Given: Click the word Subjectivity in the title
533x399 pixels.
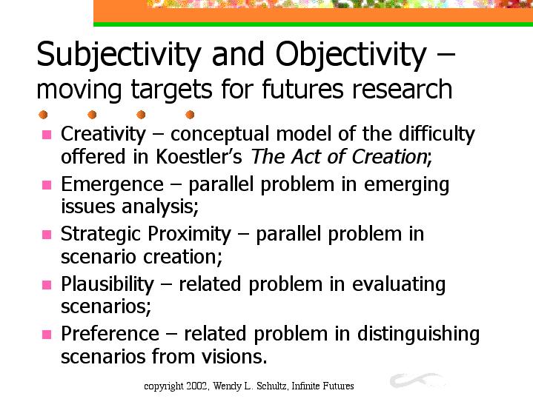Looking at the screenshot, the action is pyautogui.click(x=119, y=55).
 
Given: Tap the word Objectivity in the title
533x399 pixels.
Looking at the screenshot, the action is pyautogui.click(x=351, y=55).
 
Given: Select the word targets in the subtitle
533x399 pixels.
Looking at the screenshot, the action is pyautogui.click(x=172, y=90).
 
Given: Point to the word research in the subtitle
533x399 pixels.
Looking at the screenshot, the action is pyautogui.click(x=402, y=89).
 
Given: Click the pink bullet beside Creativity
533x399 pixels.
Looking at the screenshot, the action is pyautogui.click(x=47, y=135).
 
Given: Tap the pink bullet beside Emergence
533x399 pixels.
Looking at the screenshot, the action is pyautogui.click(x=47, y=185).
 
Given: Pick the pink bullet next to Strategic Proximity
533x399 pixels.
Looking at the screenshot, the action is pyautogui.click(x=47, y=235).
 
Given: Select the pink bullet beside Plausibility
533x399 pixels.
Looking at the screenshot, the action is pyautogui.click(x=47, y=284).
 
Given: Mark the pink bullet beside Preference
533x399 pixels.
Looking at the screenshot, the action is pyautogui.click(x=47, y=335).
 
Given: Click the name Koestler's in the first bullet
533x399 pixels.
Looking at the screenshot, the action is pyautogui.click(x=199, y=156).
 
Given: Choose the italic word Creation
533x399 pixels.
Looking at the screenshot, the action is pyautogui.click(x=389, y=156).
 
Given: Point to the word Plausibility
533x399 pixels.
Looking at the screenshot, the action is pyautogui.click(x=107, y=284).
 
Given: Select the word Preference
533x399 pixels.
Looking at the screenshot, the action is pyautogui.click(x=110, y=333).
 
